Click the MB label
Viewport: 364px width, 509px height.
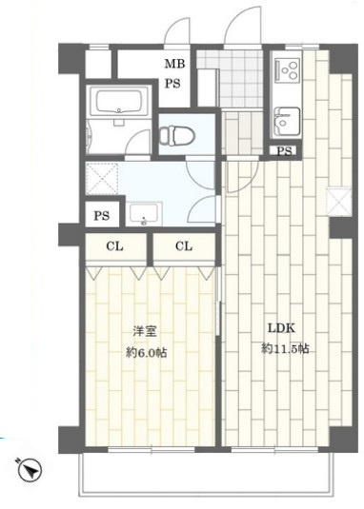tap(174, 65)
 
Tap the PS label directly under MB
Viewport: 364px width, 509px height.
tap(174, 83)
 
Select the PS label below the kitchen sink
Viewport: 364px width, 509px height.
tap(283, 150)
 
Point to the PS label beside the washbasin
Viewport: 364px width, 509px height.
tap(101, 216)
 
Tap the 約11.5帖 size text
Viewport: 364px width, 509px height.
tap(285, 349)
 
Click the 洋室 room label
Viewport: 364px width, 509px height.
tap(144, 332)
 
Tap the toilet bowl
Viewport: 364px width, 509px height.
tap(178, 136)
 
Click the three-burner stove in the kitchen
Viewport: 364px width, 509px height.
tap(287, 71)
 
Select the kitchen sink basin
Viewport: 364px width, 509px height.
tap(285, 120)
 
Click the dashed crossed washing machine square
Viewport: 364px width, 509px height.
tap(101, 179)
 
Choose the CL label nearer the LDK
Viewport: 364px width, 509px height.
tap(185, 245)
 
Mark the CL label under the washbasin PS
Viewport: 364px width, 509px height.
tap(114, 245)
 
